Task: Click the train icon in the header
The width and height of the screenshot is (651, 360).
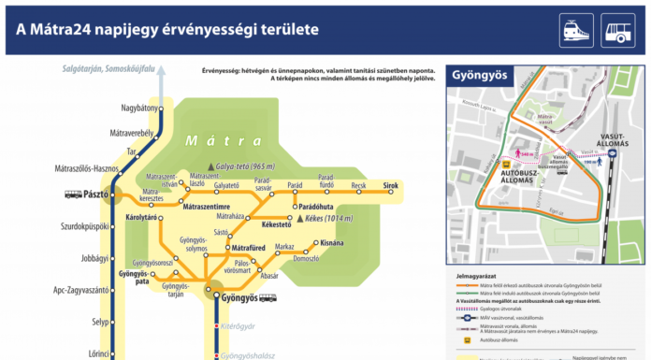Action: coord(574,31)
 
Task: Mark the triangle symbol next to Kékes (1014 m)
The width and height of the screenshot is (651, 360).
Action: coord(299,218)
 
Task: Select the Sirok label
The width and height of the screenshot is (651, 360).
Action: coord(390,186)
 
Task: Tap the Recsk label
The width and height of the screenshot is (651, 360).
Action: coord(358,186)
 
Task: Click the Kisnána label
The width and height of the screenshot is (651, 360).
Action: coord(333,242)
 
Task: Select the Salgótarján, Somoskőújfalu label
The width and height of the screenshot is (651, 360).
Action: coord(107,69)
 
